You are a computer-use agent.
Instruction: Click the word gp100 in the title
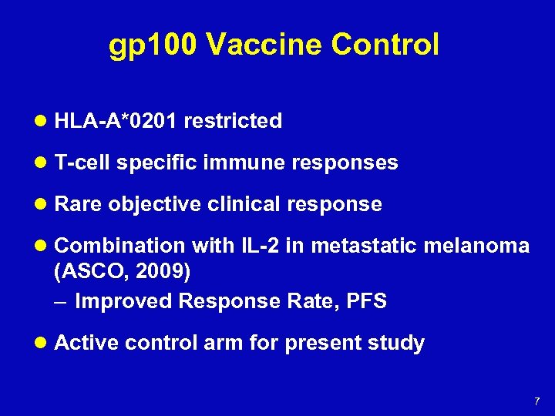click(x=153, y=45)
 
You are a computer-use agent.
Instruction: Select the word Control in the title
click(x=385, y=45)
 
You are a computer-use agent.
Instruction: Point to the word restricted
click(x=233, y=121)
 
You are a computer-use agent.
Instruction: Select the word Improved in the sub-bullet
click(x=123, y=301)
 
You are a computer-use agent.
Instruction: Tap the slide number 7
click(x=536, y=401)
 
